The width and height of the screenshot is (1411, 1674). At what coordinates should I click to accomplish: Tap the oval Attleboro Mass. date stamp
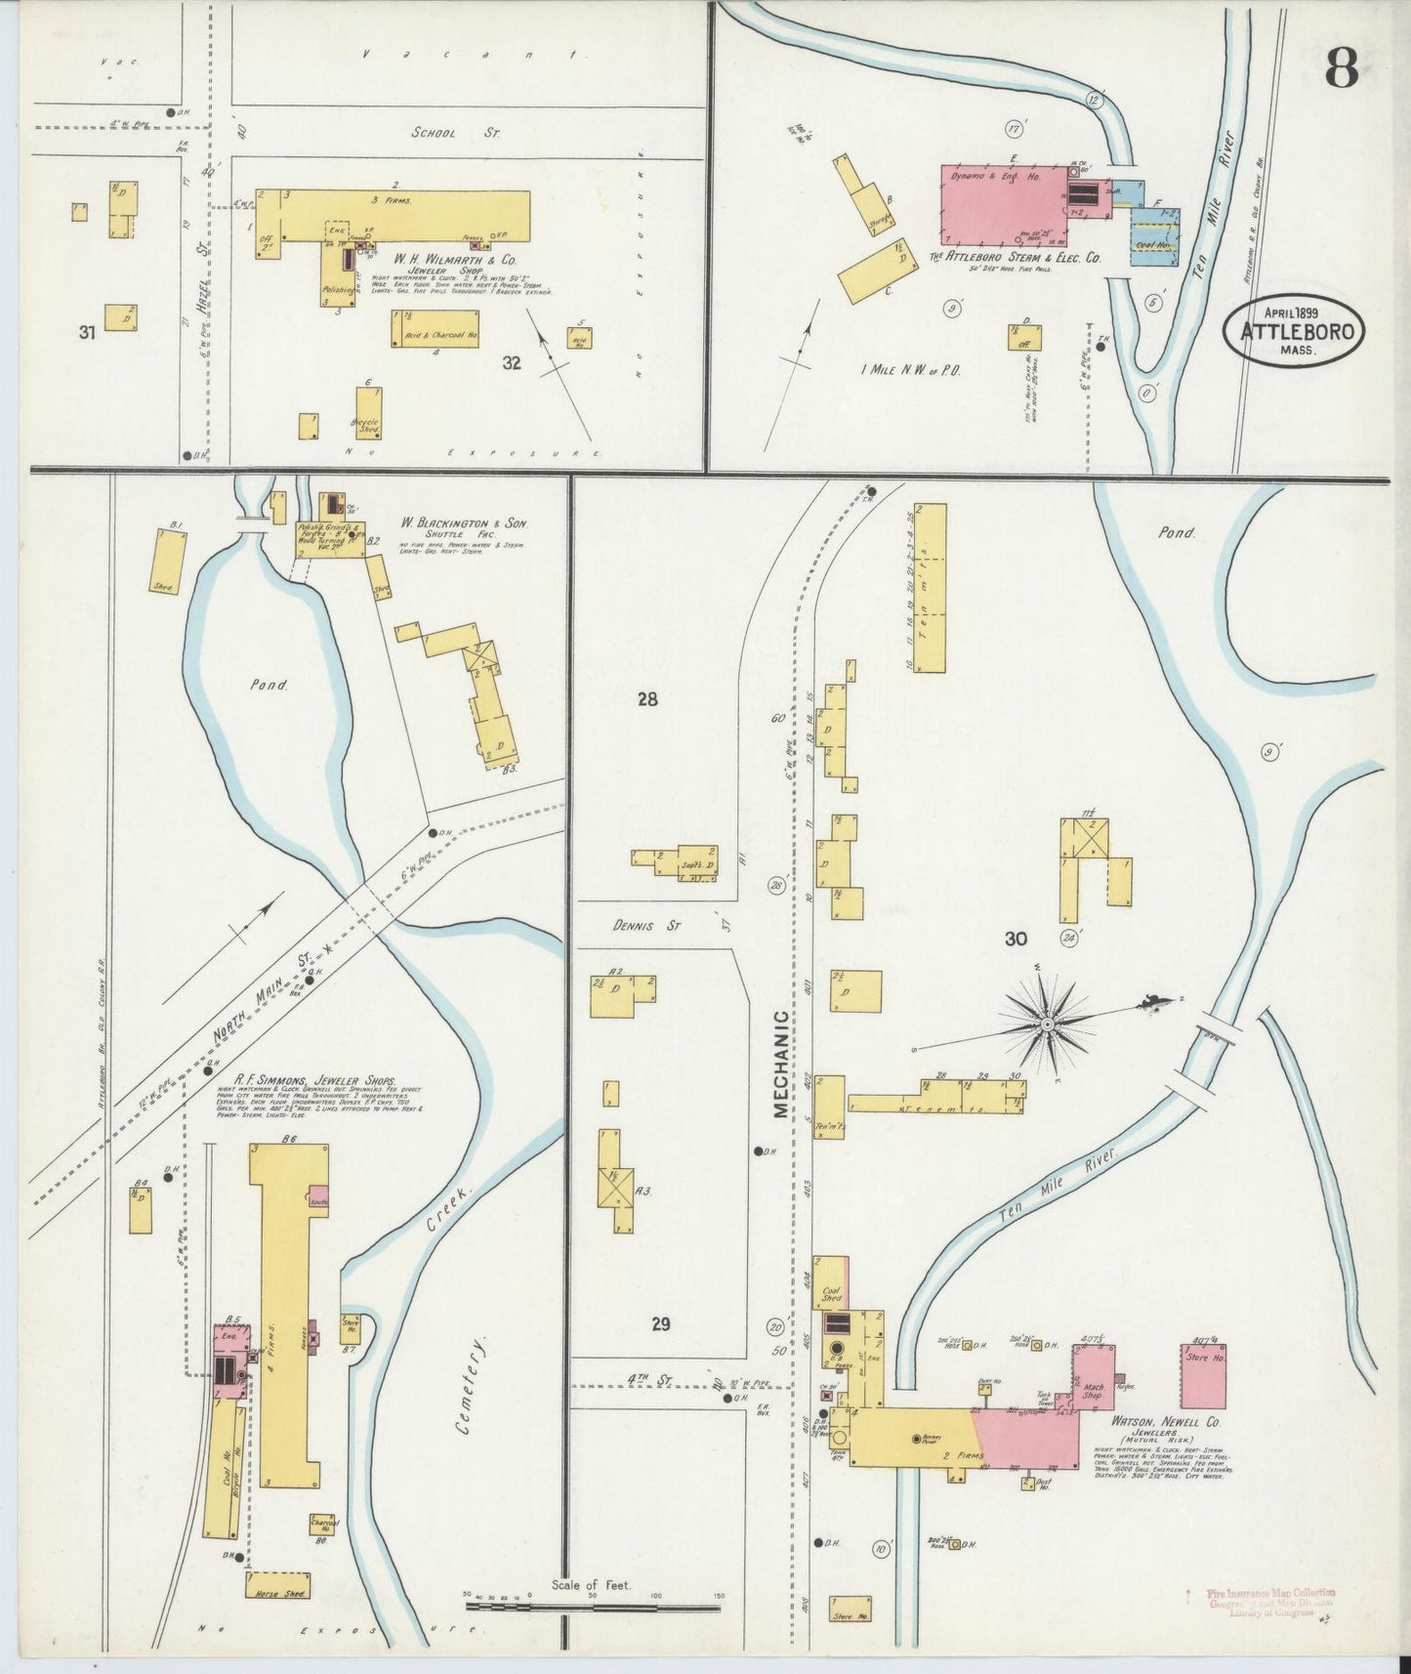[1295, 331]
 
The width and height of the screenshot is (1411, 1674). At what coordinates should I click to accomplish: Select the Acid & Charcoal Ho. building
[436, 329]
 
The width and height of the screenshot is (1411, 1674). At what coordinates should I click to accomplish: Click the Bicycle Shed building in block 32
[368, 412]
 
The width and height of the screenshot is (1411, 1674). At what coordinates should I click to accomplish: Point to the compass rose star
[1047, 1024]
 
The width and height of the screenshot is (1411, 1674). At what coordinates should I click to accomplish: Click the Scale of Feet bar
[593, 1605]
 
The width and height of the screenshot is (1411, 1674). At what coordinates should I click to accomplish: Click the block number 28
[647, 698]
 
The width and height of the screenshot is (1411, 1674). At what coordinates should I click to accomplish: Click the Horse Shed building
[277, 1585]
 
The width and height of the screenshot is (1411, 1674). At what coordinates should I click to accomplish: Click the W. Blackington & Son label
[464, 523]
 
